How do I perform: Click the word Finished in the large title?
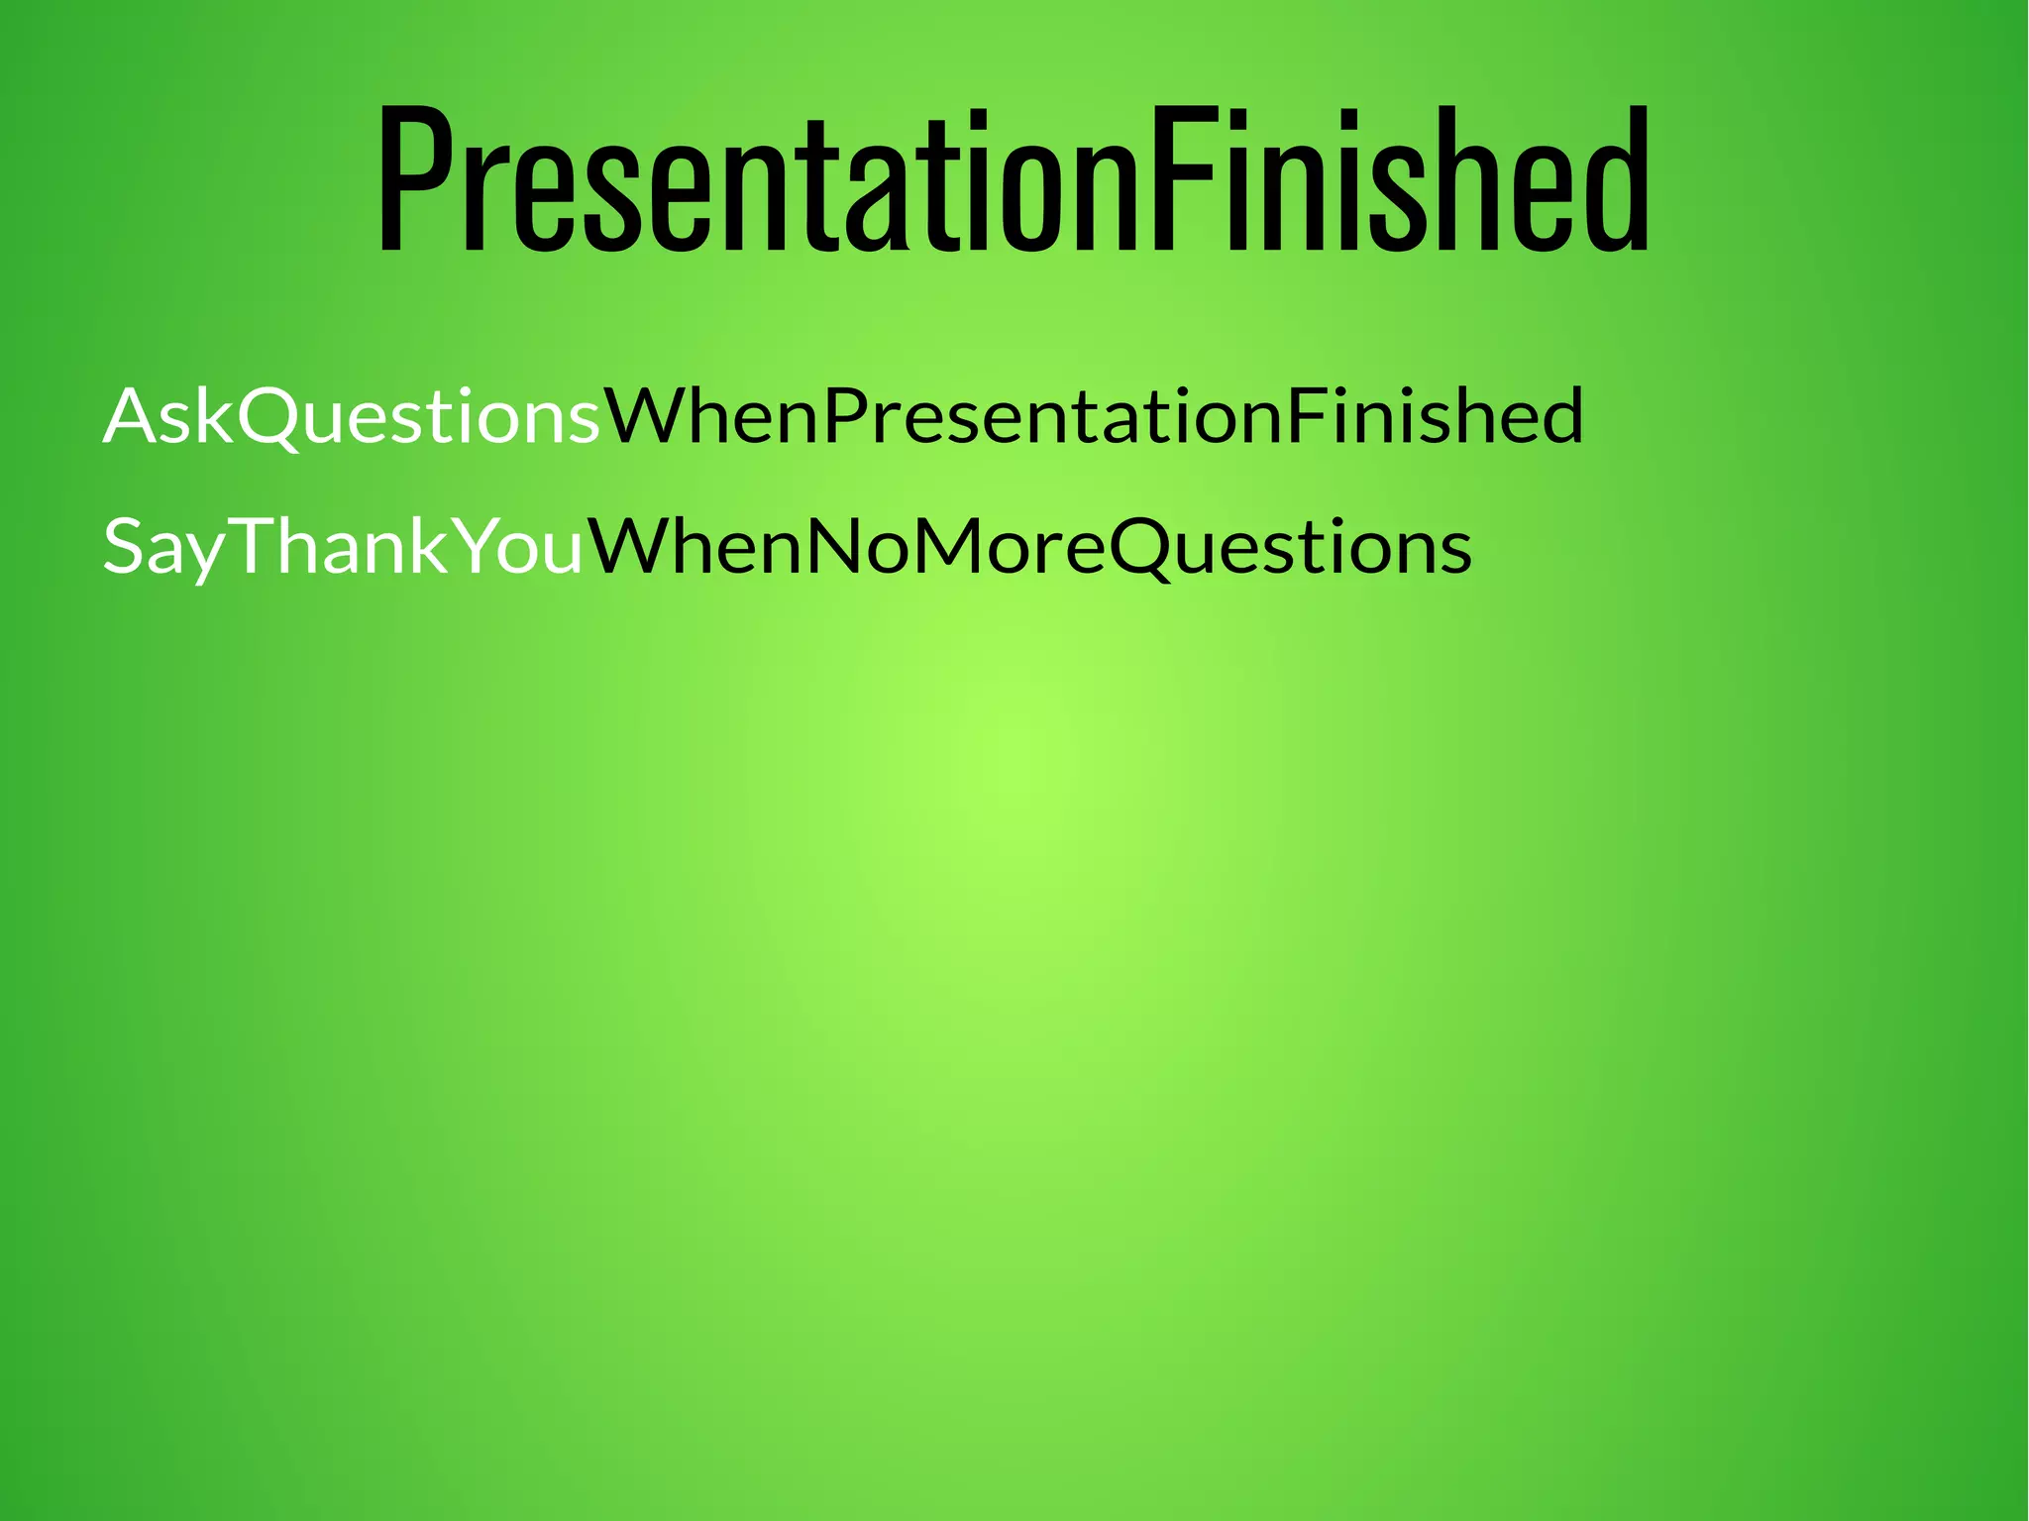point(1397,178)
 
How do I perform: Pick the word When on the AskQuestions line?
point(711,416)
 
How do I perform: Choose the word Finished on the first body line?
point(1435,416)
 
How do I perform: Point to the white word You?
point(521,547)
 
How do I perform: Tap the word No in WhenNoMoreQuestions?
point(842,547)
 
